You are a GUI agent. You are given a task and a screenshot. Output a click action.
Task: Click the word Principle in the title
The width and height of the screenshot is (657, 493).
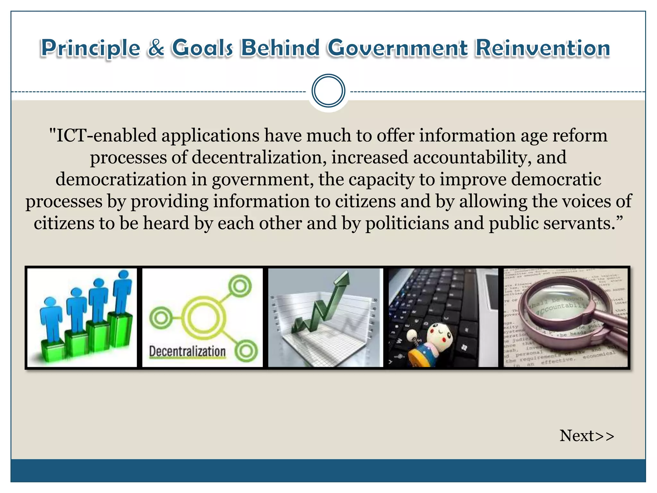point(91,48)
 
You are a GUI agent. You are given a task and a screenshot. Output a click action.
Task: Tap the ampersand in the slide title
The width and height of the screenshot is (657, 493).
point(156,48)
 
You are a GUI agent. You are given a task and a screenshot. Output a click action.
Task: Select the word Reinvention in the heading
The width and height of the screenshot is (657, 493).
point(542,48)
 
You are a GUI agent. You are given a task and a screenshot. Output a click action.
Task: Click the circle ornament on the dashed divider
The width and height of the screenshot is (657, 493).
point(328,91)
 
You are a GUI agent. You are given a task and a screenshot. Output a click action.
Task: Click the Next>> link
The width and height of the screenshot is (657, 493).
point(587,436)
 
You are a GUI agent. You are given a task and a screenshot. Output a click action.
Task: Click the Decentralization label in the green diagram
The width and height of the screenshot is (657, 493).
point(187,351)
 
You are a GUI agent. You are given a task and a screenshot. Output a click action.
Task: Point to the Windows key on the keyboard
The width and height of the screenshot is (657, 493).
point(464,348)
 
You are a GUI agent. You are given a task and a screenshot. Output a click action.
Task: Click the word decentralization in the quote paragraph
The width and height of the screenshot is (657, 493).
point(259,157)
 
